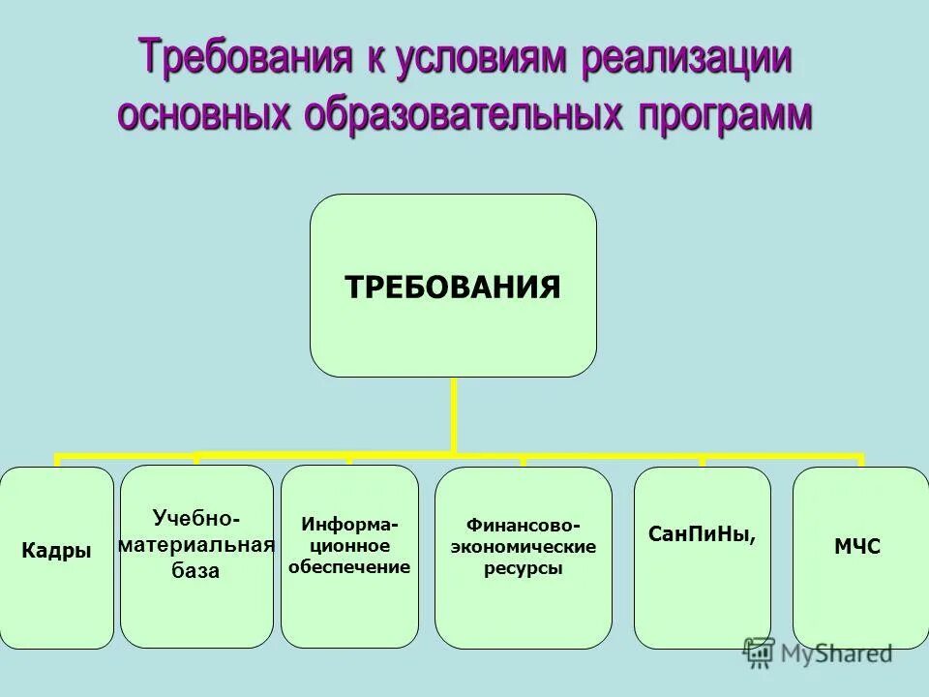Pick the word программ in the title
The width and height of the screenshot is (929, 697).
[725, 114]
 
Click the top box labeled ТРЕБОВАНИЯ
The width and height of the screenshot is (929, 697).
[453, 287]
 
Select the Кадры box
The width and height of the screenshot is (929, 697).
[56, 551]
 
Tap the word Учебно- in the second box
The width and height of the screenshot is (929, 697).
[197, 518]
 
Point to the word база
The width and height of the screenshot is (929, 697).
[196, 571]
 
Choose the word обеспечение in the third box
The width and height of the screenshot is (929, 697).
[349, 566]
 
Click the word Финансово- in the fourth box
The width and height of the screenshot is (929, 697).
[524, 525]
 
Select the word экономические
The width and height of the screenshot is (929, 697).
[524, 547]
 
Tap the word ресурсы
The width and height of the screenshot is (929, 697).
[524, 569]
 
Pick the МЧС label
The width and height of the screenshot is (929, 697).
[857, 548]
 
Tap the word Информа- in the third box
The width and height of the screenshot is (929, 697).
[349, 524]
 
